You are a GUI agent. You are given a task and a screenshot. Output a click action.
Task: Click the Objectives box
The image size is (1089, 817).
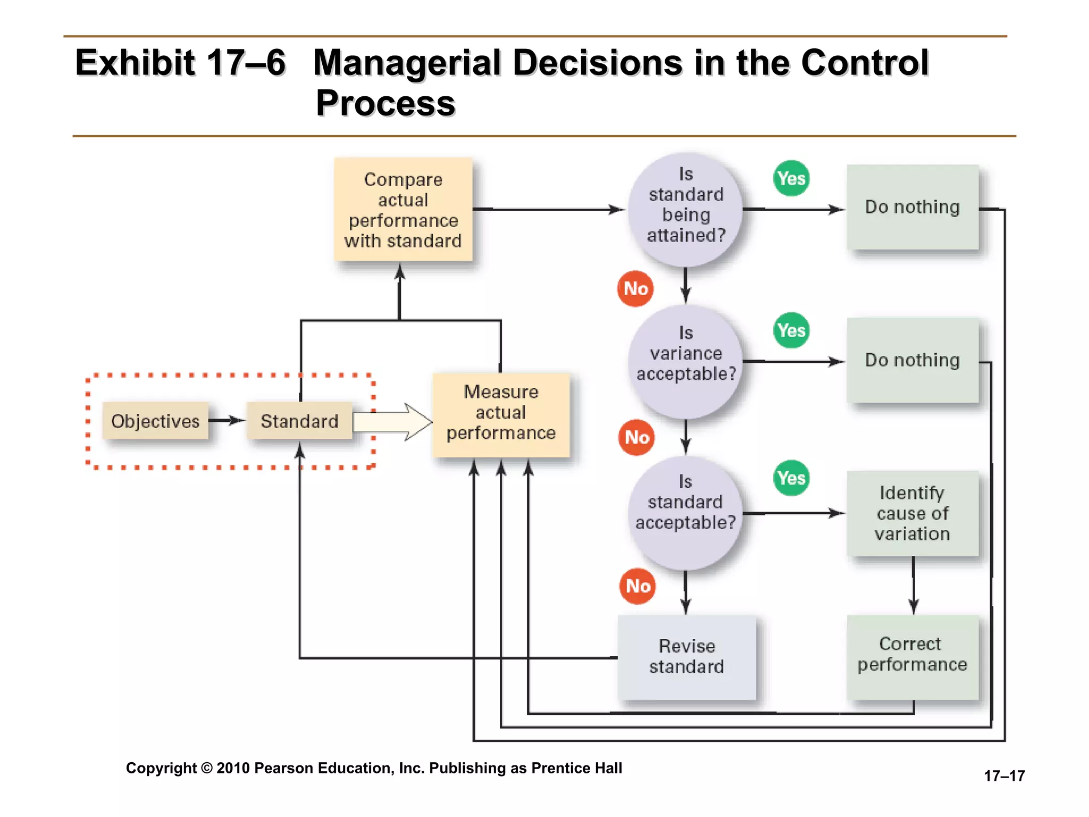tap(155, 421)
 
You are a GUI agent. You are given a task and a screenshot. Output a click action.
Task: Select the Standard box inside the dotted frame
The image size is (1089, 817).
tap(299, 421)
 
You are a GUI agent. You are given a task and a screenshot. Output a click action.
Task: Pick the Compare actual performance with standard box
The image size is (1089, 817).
tap(403, 210)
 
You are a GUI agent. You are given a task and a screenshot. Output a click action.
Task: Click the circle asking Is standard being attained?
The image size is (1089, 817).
tap(685, 210)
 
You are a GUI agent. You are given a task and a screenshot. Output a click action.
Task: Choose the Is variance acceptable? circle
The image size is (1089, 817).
tap(685, 362)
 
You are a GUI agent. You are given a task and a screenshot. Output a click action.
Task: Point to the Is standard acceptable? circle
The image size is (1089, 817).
tap(685, 513)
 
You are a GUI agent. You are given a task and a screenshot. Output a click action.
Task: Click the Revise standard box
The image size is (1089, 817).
tap(686, 657)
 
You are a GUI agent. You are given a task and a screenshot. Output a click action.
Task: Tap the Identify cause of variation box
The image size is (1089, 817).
tap(912, 513)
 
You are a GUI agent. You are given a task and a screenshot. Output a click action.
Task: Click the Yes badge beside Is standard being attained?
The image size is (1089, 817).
tap(791, 178)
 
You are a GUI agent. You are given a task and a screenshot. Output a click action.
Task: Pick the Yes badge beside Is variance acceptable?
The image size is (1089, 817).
tap(791, 330)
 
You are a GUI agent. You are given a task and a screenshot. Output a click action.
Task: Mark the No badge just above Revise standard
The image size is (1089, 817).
tap(638, 586)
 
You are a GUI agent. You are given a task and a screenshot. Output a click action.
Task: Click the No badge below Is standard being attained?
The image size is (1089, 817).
tap(635, 289)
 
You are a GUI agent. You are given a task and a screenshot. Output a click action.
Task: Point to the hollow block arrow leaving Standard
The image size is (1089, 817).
tap(393, 422)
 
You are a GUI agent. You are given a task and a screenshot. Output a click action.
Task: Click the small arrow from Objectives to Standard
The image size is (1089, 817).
tap(227, 421)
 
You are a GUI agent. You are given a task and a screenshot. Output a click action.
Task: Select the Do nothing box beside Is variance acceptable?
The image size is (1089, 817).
tap(912, 360)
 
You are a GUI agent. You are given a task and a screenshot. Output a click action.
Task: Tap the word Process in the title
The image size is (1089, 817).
tap(386, 103)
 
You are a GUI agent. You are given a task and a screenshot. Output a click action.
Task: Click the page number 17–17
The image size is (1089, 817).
tap(1004, 776)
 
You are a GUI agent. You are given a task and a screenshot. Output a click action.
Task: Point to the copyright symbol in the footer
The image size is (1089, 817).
tap(207, 769)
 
